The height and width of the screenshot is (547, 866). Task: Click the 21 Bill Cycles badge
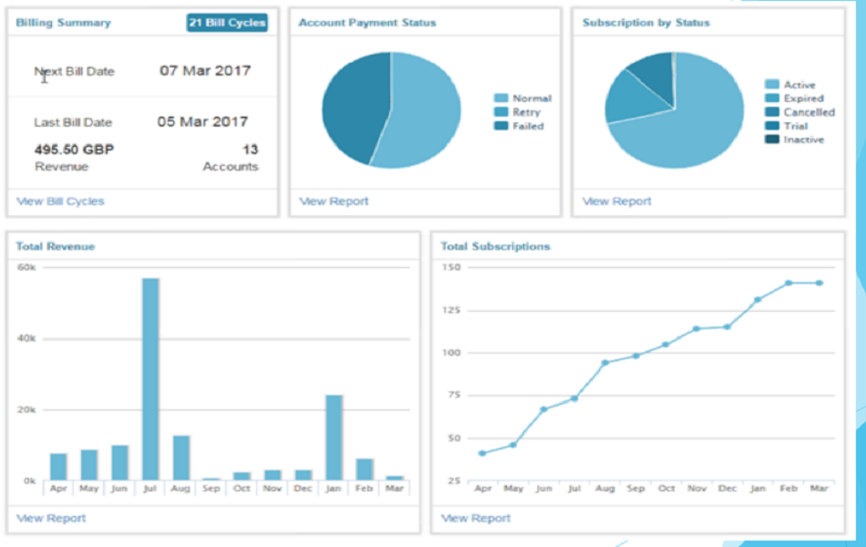pos(227,23)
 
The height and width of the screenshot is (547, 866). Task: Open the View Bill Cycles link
pos(60,201)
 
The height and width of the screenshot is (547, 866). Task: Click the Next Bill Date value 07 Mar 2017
pos(204,70)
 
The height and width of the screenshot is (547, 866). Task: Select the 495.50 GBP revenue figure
pos(74,150)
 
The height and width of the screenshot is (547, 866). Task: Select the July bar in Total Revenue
pos(150,378)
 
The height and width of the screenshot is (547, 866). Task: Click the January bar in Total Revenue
pos(334,437)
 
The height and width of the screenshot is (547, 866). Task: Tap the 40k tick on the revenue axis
pos(26,338)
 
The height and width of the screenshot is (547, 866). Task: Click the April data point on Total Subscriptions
pos(482,453)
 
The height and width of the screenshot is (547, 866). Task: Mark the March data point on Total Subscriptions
pos(819,283)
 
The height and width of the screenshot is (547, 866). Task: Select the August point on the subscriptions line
pos(604,363)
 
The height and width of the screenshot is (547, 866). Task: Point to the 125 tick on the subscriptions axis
pos(451,310)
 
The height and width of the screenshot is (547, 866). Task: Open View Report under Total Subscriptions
pos(476,518)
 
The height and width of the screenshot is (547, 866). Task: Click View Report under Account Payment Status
pos(334,201)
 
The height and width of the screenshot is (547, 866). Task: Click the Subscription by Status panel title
pos(645,23)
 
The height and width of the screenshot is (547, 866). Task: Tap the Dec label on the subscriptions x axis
pos(727,489)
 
